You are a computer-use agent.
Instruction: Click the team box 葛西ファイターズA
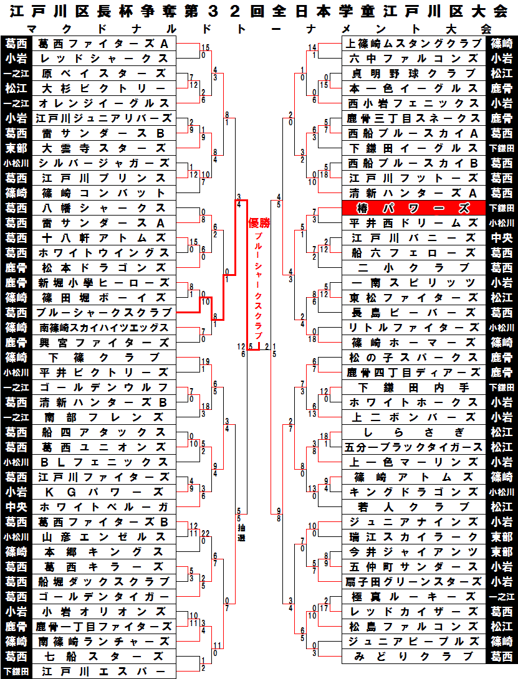click(103, 44)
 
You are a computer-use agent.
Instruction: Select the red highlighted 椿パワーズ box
click(413, 208)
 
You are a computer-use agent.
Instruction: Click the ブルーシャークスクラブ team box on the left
click(103, 313)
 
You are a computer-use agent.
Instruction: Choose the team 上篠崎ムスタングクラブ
click(413, 44)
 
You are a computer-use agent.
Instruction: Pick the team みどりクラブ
click(413, 657)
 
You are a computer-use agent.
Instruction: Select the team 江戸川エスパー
click(103, 672)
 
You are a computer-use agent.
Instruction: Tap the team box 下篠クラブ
click(103, 358)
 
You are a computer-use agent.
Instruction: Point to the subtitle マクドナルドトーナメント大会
click(259, 29)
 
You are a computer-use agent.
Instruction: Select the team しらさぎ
click(413, 432)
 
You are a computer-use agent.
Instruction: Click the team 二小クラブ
click(413, 268)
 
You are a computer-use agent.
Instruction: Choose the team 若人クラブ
click(413, 507)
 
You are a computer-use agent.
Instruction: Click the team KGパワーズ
click(103, 492)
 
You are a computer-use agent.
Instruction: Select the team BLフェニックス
click(103, 462)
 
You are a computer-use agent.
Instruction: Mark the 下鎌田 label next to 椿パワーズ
click(501, 208)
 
